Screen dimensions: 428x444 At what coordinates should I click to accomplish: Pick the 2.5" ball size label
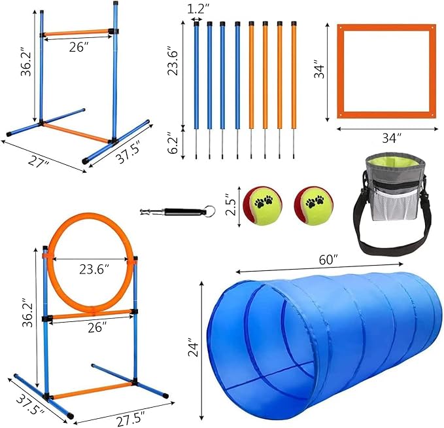tap(227, 203)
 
